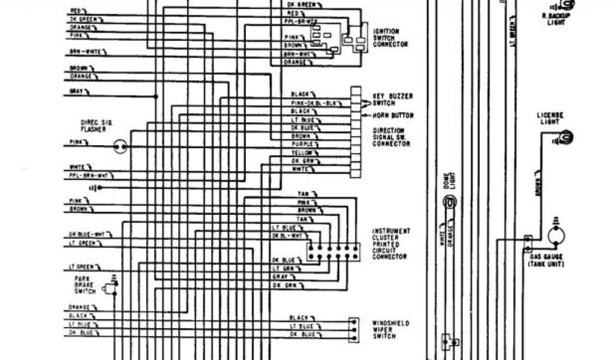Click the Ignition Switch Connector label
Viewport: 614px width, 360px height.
coord(390,37)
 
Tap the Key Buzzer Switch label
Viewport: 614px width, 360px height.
coord(393,99)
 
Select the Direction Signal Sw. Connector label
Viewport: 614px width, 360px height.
coord(392,137)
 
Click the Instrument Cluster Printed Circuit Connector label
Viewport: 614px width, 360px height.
coord(392,244)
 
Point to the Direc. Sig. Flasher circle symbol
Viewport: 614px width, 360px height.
coord(121,146)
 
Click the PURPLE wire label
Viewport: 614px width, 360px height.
coord(300,145)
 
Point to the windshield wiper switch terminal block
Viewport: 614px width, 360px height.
coord(354,329)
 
